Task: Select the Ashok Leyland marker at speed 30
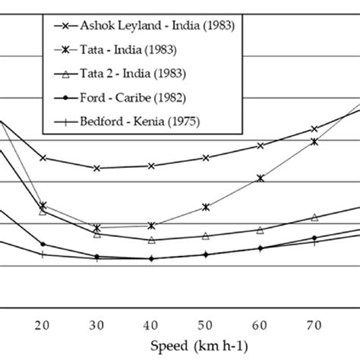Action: pyautogui.click(x=97, y=168)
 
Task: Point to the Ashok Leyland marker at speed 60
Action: pyautogui.click(x=261, y=146)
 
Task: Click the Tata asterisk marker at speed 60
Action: pyautogui.click(x=261, y=178)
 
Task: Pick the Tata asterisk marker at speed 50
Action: pyautogui.click(x=206, y=207)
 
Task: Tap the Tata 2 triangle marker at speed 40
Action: pyautogui.click(x=152, y=240)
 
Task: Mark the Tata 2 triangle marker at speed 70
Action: pyautogui.click(x=314, y=218)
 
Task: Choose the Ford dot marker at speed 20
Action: pyautogui.click(x=43, y=245)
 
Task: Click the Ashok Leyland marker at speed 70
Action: pyautogui.click(x=314, y=129)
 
